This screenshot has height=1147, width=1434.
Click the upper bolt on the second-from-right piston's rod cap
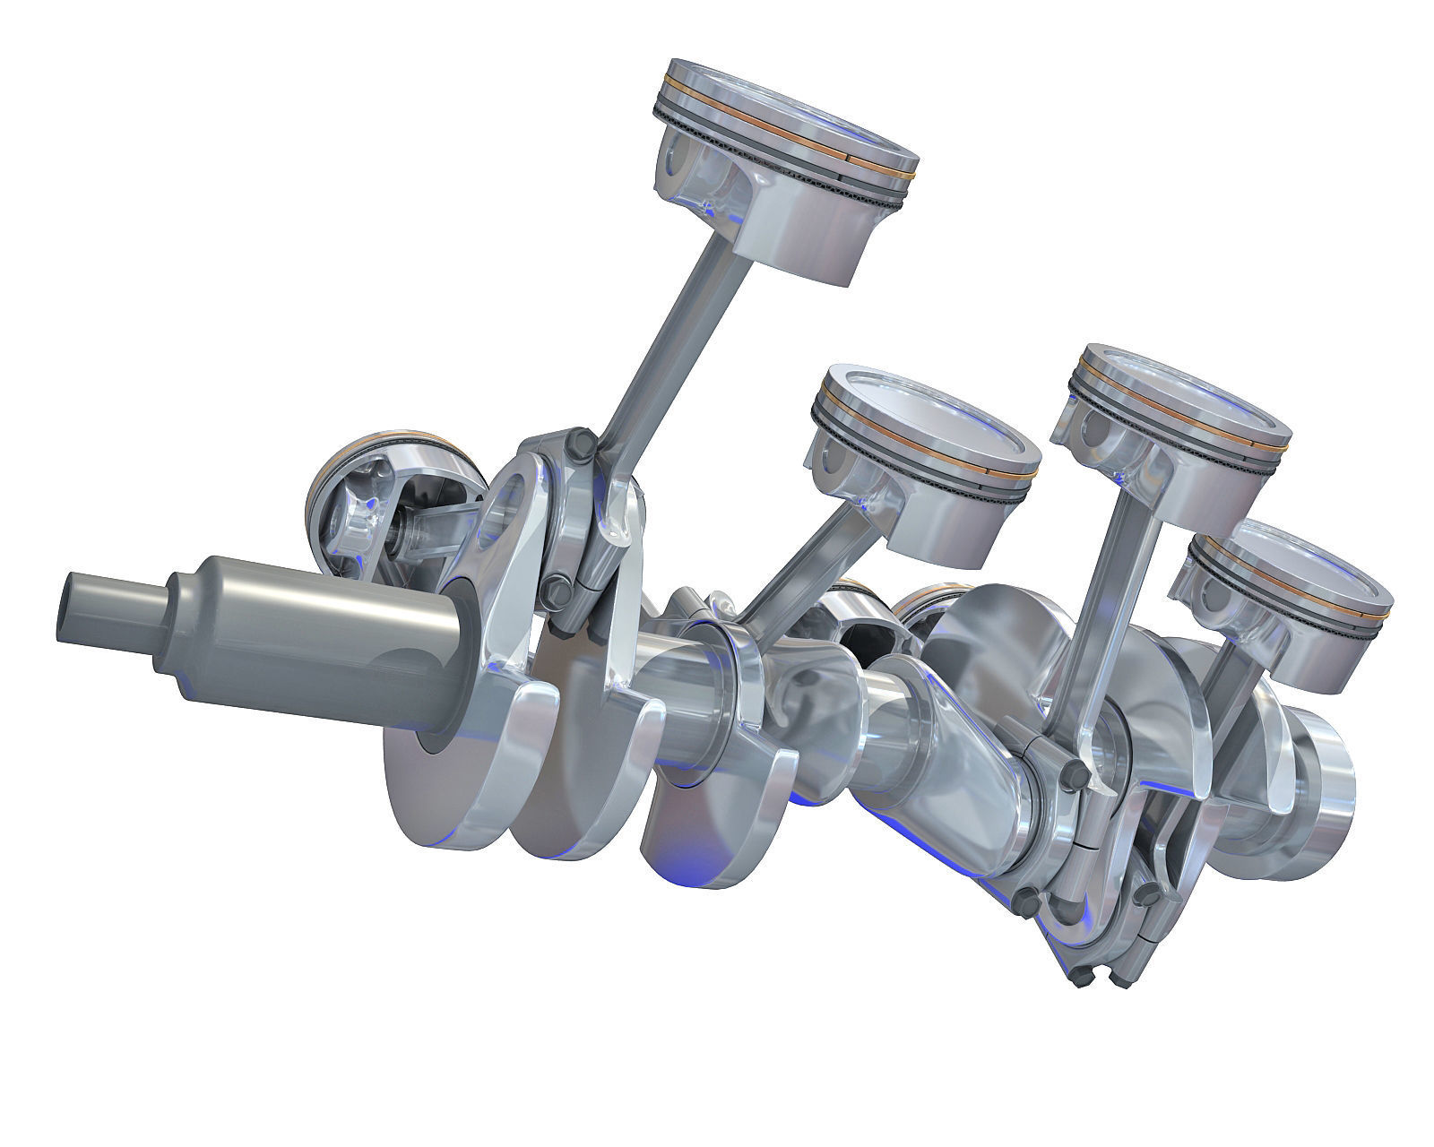coord(1070,771)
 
